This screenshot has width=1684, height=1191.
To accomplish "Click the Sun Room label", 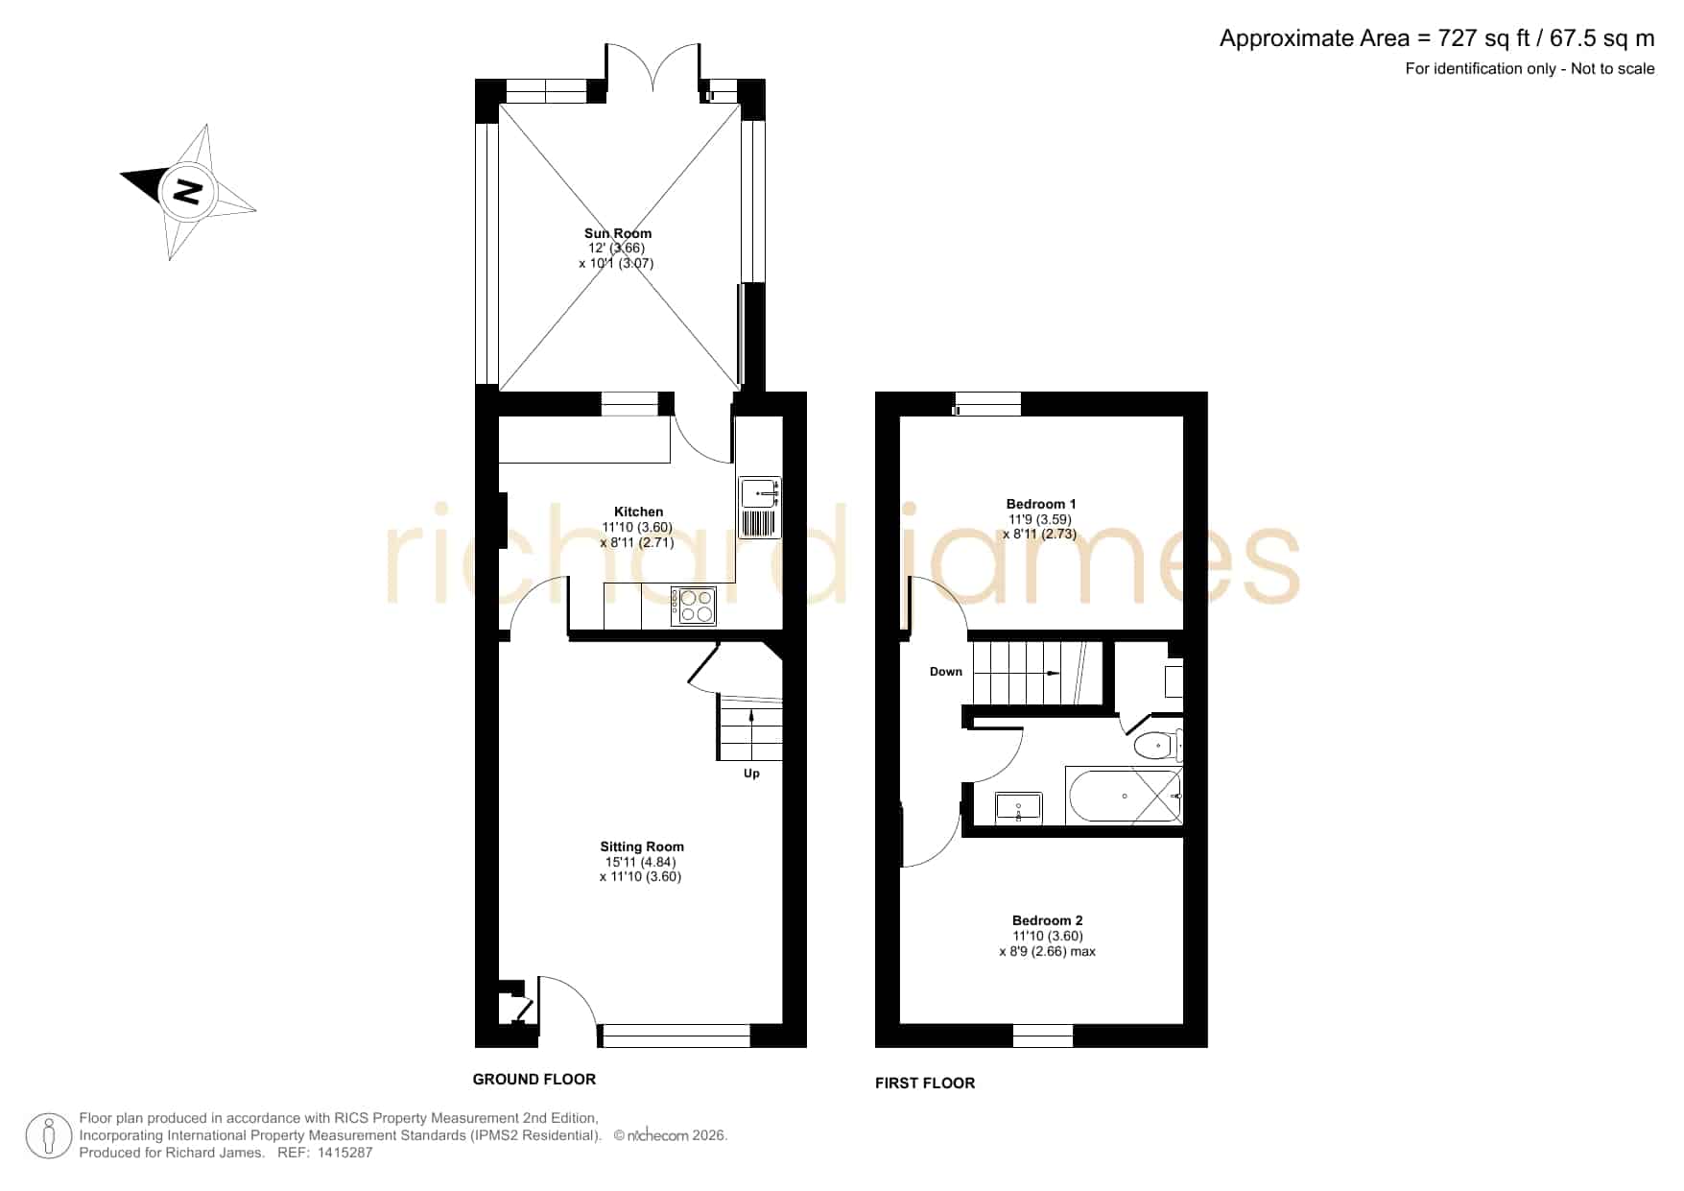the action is [618, 233].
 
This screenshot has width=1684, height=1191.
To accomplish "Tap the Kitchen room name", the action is [638, 512].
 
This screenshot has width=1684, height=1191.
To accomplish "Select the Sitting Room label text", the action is [642, 846].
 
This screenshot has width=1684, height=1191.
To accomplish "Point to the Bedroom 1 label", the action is [1041, 504].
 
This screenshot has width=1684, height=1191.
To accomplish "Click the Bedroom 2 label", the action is [1047, 920].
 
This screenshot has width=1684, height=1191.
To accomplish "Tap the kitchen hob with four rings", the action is [693, 606].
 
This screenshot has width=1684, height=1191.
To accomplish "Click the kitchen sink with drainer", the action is [760, 508].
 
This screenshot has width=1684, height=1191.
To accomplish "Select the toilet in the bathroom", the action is [1158, 745].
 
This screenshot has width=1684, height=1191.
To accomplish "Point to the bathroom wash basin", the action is [1018, 806].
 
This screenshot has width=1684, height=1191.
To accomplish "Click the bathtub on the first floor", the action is [1124, 796].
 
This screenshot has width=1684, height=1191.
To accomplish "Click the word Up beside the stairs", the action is [751, 774].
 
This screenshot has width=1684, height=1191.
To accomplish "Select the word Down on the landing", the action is [946, 672].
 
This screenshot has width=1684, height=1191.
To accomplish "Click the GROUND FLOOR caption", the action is [534, 1080].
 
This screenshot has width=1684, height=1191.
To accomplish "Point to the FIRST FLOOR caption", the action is [925, 1084].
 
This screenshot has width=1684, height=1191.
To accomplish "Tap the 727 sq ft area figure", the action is [1478, 38].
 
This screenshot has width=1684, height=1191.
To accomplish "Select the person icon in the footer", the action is [49, 1136].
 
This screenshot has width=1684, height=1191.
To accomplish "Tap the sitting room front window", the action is [676, 1036].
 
